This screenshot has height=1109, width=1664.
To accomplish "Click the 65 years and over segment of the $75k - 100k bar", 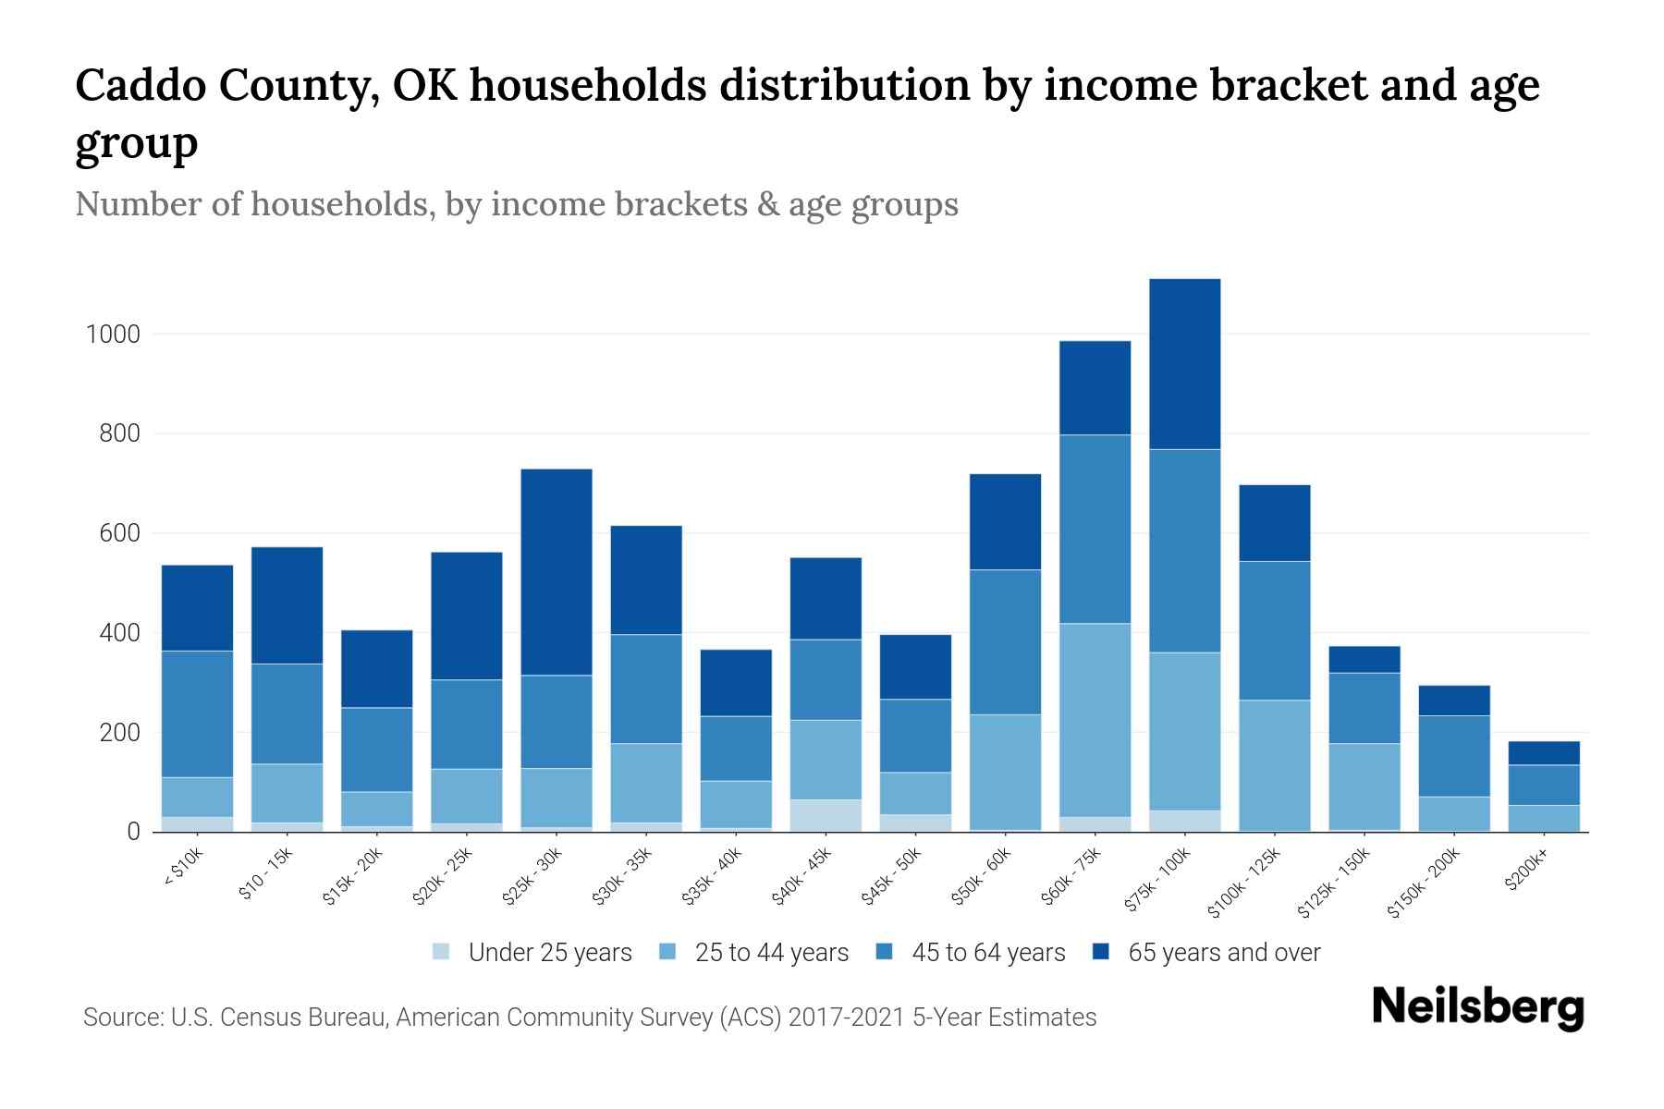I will [x=1184, y=364].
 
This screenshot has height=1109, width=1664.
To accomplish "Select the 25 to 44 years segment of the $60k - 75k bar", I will [x=1095, y=720].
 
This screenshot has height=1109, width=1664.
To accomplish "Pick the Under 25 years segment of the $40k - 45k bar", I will [x=826, y=815].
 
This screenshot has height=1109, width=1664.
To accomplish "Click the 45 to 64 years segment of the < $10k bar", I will [x=197, y=714].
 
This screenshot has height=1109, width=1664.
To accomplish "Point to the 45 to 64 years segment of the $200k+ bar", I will [x=1543, y=786].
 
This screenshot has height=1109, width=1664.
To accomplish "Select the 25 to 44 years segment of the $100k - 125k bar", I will [x=1274, y=765].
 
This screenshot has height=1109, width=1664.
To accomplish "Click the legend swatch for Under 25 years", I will [x=442, y=952].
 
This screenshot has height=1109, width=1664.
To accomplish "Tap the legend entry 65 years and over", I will [x=1223, y=953].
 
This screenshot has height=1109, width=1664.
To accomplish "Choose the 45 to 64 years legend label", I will [x=987, y=953].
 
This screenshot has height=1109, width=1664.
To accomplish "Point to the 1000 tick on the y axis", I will [x=113, y=334].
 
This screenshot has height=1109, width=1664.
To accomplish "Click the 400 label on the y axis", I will [x=120, y=634].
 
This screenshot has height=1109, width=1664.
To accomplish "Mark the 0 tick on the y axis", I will [x=133, y=833].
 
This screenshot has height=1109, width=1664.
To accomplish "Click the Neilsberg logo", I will [x=1477, y=1007].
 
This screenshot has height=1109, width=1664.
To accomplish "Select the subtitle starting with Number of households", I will [x=516, y=204].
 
